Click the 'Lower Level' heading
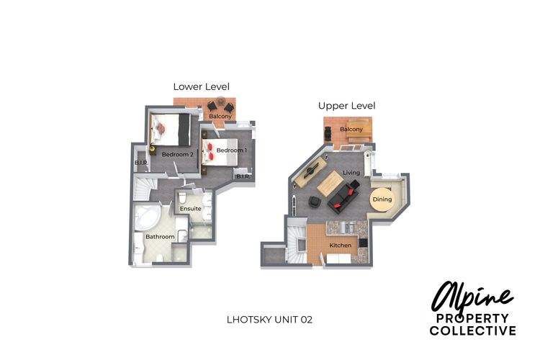(x=201, y=87)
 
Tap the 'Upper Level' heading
(x=346, y=106)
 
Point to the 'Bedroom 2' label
(x=177, y=155)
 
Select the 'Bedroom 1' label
(x=231, y=150)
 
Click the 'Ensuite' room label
(x=191, y=208)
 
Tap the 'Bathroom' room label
(x=160, y=237)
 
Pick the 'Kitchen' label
(x=341, y=246)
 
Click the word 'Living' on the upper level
(x=351, y=173)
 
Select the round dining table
(x=382, y=199)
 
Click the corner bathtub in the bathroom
(x=145, y=217)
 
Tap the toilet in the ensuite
(x=182, y=199)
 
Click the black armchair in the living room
(x=314, y=202)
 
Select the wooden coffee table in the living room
(x=330, y=184)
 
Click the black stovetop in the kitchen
(x=364, y=243)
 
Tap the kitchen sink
(x=348, y=228)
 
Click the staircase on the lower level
(x=143, y=188)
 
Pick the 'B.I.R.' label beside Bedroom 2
(x=142, y=163)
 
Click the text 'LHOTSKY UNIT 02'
(x=270, y=320)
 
